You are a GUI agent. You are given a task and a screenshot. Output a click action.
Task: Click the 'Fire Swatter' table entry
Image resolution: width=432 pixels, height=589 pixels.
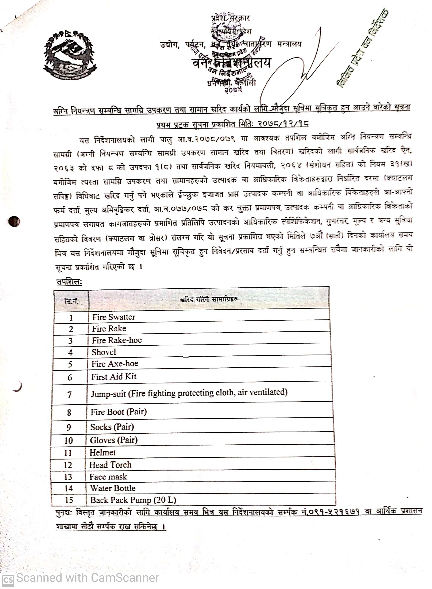tap(113, 317)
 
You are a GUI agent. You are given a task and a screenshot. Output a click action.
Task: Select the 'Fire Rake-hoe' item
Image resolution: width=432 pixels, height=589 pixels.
tap(117, 340)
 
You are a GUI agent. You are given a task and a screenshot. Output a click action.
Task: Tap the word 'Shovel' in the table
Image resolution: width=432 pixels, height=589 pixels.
tap(104, 352)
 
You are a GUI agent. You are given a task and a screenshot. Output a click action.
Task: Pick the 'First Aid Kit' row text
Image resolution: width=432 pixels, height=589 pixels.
tap(114, 377)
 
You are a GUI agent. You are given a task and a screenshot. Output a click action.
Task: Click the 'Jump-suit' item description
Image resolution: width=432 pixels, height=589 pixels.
tap(189, 393)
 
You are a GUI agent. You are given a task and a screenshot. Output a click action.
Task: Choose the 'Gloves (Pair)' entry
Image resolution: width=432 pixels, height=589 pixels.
tap(114, 440)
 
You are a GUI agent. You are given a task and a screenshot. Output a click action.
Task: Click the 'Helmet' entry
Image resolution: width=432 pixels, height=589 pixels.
tap(103, 452)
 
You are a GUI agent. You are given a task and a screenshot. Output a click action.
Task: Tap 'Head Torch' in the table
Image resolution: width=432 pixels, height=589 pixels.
tap(110, 465)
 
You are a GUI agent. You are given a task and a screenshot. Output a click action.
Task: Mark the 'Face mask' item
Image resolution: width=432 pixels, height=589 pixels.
tap(108, 477)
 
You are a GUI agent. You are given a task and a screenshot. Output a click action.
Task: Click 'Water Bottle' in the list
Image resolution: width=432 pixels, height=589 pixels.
tap(113, 488)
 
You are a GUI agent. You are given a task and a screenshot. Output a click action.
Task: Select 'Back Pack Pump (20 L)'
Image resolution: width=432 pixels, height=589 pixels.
tap(133, 500)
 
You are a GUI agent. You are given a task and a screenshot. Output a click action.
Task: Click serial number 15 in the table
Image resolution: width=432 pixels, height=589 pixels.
tap(69, 500)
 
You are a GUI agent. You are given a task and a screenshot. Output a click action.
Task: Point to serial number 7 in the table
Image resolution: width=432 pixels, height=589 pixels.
tap(69, 394)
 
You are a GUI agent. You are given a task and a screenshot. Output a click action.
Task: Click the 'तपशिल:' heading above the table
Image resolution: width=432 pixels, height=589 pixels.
tap(69, 282)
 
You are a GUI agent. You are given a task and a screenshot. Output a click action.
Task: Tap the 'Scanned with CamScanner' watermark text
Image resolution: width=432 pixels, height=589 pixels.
tap(87, 578)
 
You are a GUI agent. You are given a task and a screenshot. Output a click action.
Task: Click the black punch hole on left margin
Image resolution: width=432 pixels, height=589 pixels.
tap(14, 221)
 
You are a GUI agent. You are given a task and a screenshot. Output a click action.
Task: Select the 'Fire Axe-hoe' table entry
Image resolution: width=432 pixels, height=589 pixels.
tap(115, 364)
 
